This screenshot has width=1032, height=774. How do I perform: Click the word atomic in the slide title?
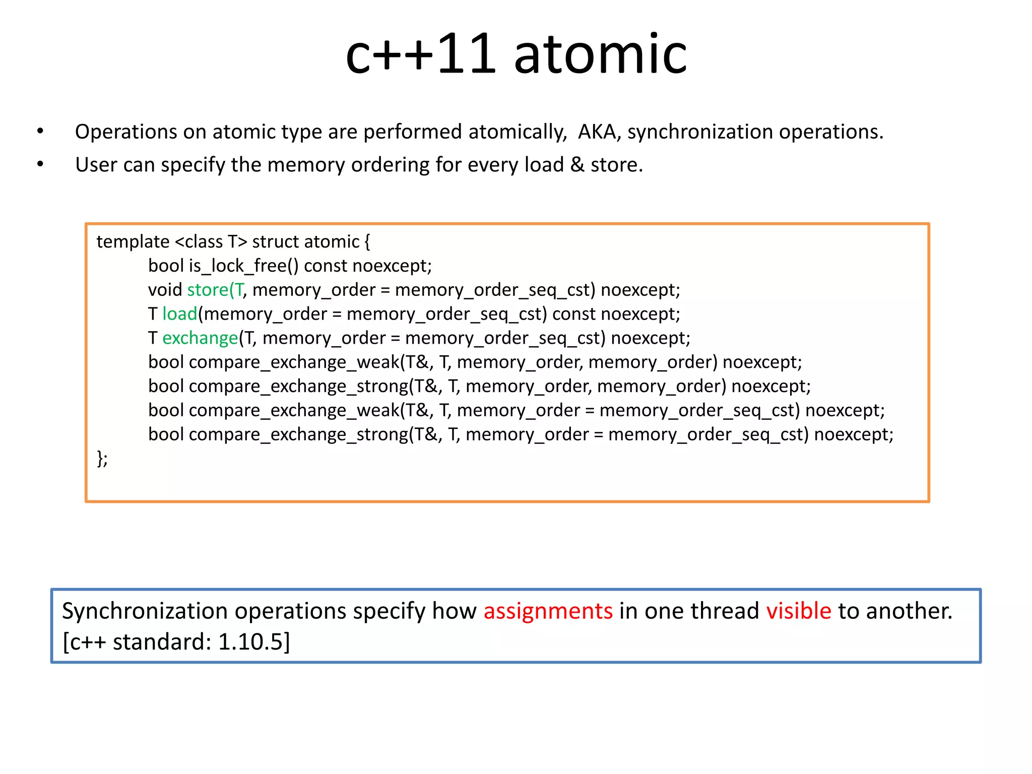[600, 54]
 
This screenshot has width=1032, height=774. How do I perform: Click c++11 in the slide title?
[421, 54]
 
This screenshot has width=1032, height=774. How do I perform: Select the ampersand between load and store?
[577, 165]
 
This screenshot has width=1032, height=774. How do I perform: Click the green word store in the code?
[208, 290]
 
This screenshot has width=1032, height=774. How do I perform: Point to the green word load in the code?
[180, 314]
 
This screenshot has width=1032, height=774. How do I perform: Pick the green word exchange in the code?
[200, 338]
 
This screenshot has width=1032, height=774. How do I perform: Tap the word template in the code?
[133, 242]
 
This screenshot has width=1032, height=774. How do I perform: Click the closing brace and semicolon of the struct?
[102, 459]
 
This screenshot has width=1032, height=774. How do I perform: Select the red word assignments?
[548, 611]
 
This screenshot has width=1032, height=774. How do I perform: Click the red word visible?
[799, 611]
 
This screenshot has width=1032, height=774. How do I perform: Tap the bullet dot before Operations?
[40, 132]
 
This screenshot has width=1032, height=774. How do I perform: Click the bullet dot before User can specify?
[40, 165]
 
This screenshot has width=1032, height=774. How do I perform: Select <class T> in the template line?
[211, 242]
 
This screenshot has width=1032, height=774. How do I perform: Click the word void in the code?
[165, 290]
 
